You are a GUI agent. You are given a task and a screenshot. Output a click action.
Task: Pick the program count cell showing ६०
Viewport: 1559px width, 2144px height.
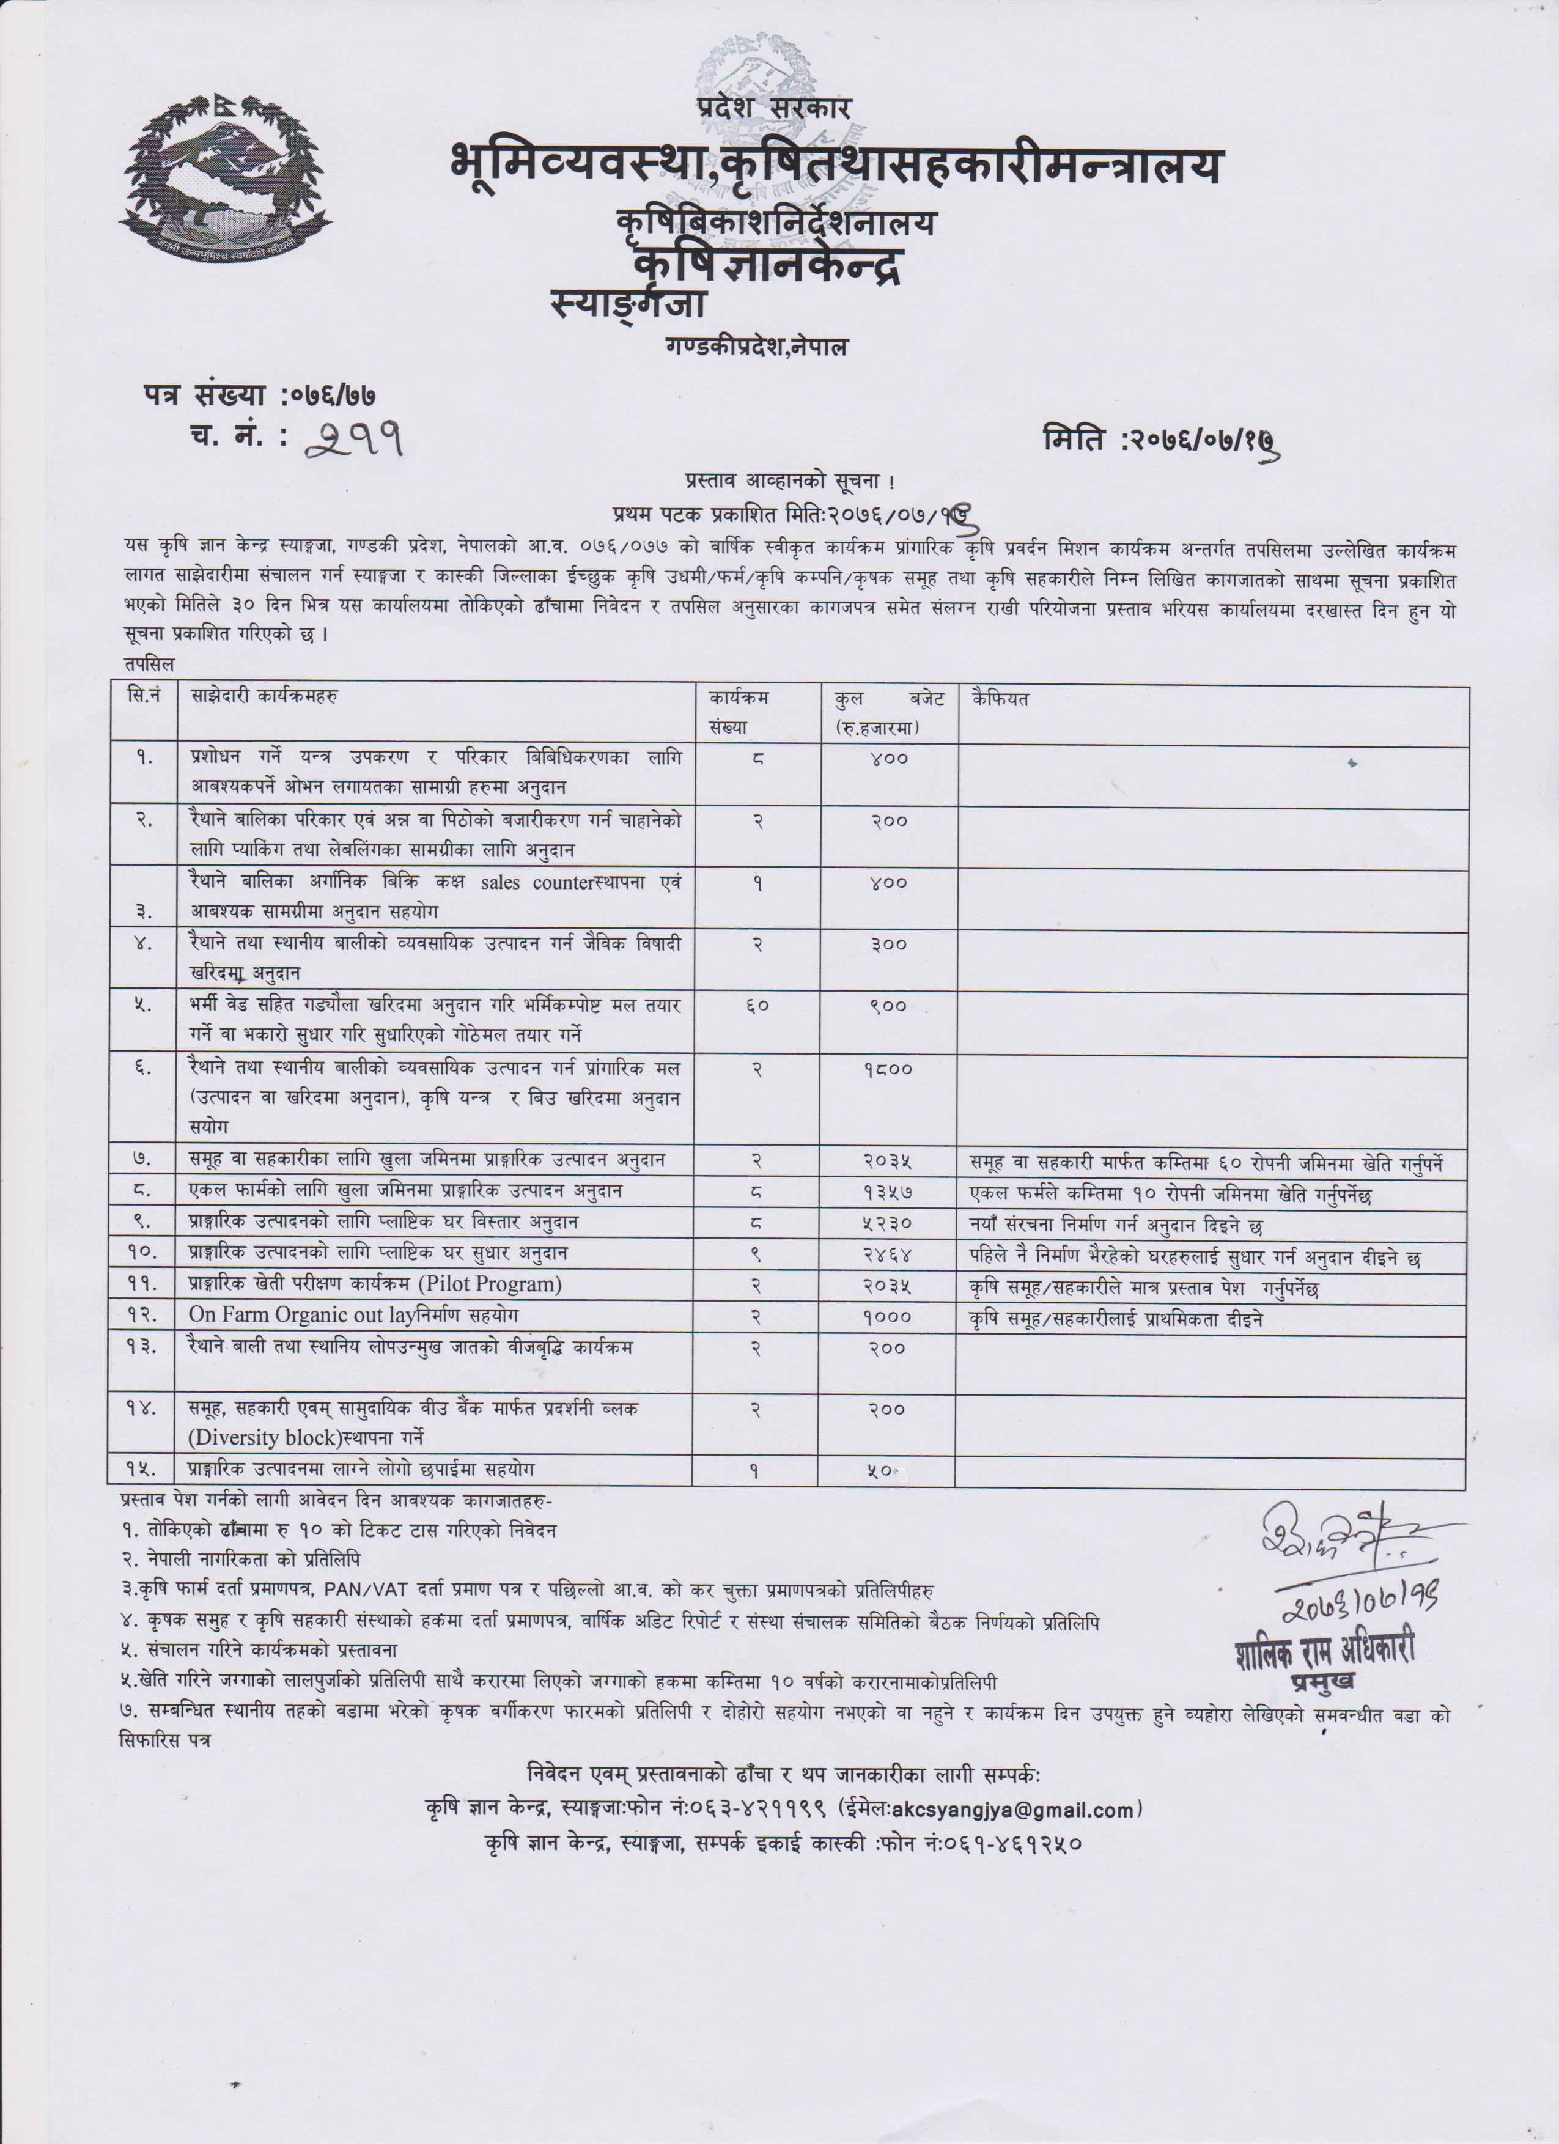click(x=757, y=1006)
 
